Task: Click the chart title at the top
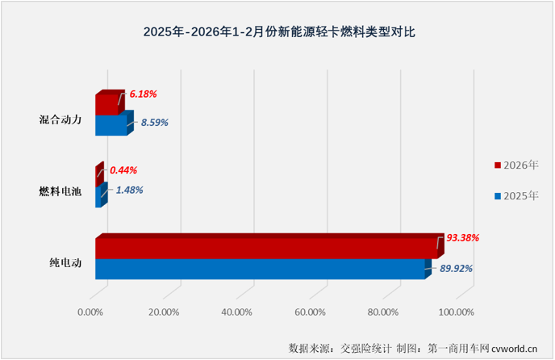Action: (277, 33)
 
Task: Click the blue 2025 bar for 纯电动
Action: (260, 269)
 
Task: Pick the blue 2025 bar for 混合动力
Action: (111, 125)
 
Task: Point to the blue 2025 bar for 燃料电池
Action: (99, 196)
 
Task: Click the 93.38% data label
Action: (463, 237)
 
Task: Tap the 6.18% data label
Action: (142, 94)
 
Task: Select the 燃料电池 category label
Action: (61, 191)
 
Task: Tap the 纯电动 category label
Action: (65, 262)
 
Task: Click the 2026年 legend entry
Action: (515, 165)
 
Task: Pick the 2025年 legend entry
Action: (515, 195)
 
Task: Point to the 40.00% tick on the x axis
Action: (236, 312)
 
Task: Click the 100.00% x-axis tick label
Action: (457, 312)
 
